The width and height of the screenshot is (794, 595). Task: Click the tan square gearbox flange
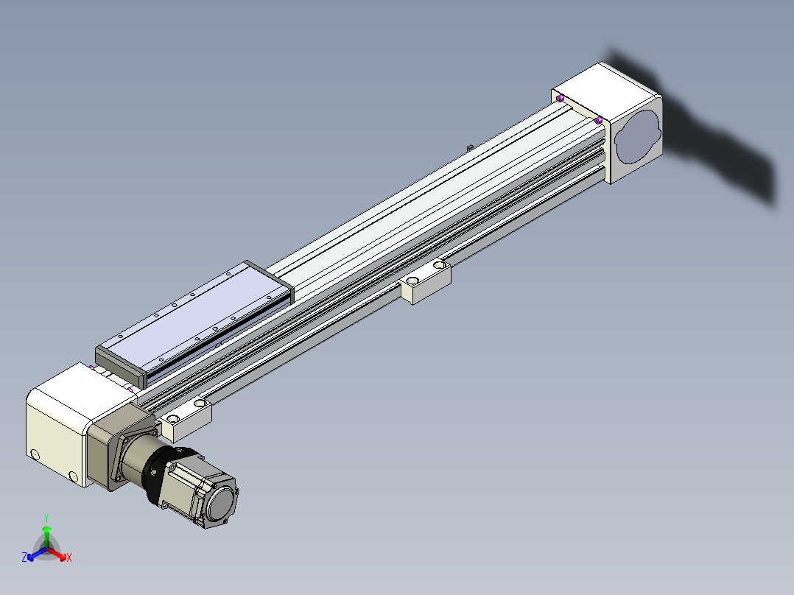120,446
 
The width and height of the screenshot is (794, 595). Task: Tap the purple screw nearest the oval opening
599,120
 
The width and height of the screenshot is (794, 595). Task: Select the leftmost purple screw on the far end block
560,98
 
